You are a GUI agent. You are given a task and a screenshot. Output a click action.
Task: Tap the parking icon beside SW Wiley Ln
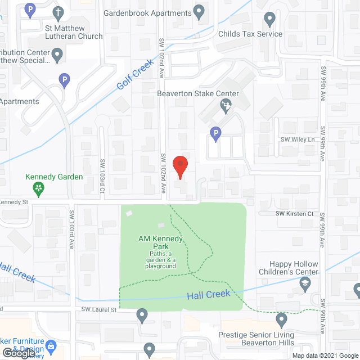pyautogui.click(x=215, y=133)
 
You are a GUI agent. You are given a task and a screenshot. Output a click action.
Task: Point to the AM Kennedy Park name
pyautogui.click(x=161, y=243)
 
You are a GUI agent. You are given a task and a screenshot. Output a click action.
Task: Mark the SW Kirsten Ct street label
pyautogui.click(x=294, y=214)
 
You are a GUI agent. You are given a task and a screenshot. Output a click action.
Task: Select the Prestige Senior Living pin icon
pyautogui.click(x=281, y=320)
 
